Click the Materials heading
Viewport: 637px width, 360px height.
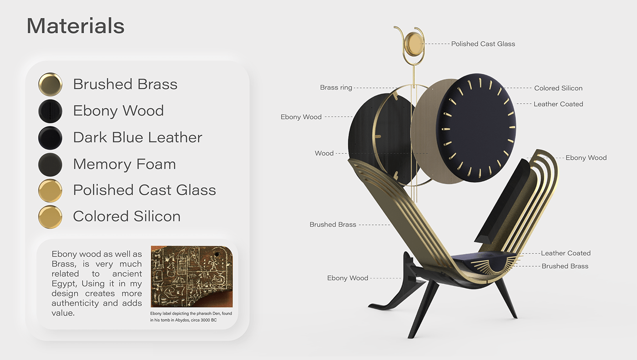tap(76, 26)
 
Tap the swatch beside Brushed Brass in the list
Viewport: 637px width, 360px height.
tap(50, 84)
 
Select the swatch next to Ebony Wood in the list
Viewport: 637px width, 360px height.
tap(50, 111)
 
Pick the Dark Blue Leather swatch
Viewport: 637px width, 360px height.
tap(50, 137)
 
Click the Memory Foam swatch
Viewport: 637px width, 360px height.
tap(50, 164)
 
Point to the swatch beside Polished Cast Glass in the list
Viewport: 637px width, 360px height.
tap(50, 190)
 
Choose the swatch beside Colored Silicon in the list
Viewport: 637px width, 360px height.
tap(50, 217)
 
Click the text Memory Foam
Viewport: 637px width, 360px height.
tap(124, 164)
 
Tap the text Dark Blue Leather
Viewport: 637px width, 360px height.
tap(137, 137)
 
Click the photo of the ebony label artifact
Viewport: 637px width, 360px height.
tap(192, 277)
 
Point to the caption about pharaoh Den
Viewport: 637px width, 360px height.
tap(191, 317)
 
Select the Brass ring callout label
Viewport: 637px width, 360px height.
tap(336, 88)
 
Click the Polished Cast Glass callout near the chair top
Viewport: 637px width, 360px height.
tap(483, 44)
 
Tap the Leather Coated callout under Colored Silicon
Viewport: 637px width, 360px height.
tap(558, 104)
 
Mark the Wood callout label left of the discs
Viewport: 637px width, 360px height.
tap(324, 153)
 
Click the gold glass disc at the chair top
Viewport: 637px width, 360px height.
tap(414, 44)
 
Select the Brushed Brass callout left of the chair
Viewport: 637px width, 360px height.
tap(333, 225)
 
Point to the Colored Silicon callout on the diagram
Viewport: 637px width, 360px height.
tap(558, 88)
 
